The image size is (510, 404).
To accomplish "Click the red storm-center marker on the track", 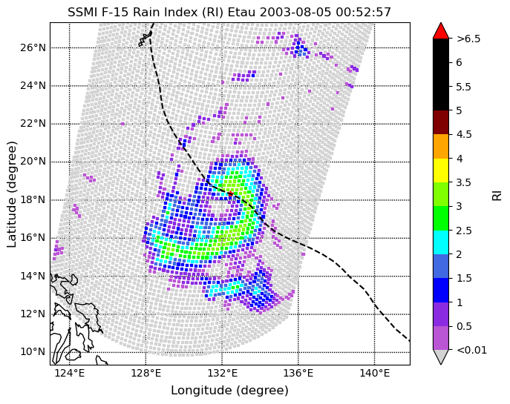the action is pyautogui.click(x=230, y=194).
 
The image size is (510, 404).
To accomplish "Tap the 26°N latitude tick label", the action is pyautogui.click(x=33, y=47).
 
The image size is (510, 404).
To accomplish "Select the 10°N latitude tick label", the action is pyautogui.click(x=33, y=351).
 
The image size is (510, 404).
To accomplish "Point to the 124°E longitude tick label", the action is pyautogui.click(x=70, y=373).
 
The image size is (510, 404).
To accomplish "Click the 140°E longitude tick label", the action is pyautogui.click(x=374, y=373).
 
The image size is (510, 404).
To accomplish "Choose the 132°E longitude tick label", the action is pyautogui.click(x=222, y=373).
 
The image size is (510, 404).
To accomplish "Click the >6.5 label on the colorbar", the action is pyautogui.click(x=468, y=39).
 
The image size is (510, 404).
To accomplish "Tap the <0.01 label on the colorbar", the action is pyautogui.click(x=472, y=350).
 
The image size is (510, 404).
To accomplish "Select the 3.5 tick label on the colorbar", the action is pyautogui.click(x=464, y=182).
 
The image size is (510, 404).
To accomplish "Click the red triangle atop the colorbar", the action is pyautogui.click(x=441, y=31).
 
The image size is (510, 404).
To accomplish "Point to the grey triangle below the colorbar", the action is pyautogui.click(x=441, y=356).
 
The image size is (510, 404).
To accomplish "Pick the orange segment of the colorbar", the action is pyautogui.click(x=441, y=147).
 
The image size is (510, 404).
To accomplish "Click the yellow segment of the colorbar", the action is pyautogui.click(x=441, y=170).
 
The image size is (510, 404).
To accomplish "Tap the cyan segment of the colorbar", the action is pyautogui.click(x=441, y=242).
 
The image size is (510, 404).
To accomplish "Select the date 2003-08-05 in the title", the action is pyautogui.click(x=295, y=13).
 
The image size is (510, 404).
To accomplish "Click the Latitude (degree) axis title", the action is pyautogui.click(x=11, y=194).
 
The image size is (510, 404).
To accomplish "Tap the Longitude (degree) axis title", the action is pyautogui.click(x=230, y=391).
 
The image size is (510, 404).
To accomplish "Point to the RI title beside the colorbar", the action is pyautogui.click(x=497, y=196).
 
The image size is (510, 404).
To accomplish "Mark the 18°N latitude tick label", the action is pyautogui.click(x=33, y=199).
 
